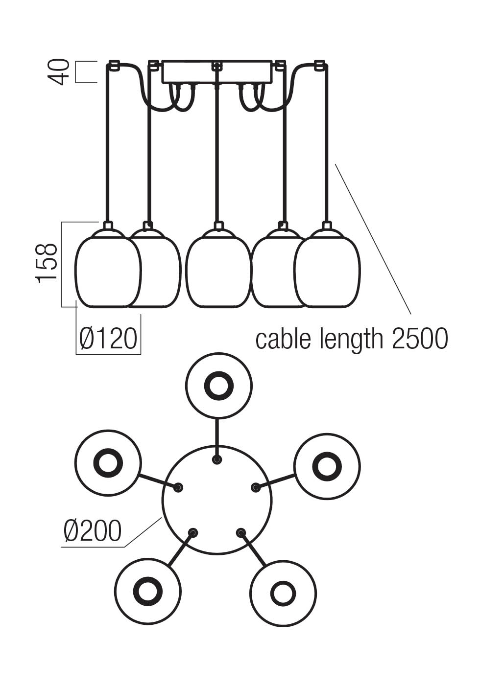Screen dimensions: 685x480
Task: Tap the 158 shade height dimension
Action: [x=47, y=263]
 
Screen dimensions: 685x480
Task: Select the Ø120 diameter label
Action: [x=108, y=338]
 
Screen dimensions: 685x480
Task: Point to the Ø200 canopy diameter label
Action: [x=92, y=531]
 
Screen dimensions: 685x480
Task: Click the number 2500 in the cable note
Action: [x=420, y=339]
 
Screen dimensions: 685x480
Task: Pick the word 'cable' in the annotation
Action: [x=284, y=339]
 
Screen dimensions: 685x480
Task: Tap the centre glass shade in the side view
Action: [x=217, y=272]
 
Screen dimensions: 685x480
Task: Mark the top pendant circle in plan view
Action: [x=219, y=385]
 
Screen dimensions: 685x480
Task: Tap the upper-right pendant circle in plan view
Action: [x=327, y=466]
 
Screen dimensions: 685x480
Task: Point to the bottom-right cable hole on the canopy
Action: [x=240, y=532]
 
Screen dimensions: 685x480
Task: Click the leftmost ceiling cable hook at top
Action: [x=114, y=65]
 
